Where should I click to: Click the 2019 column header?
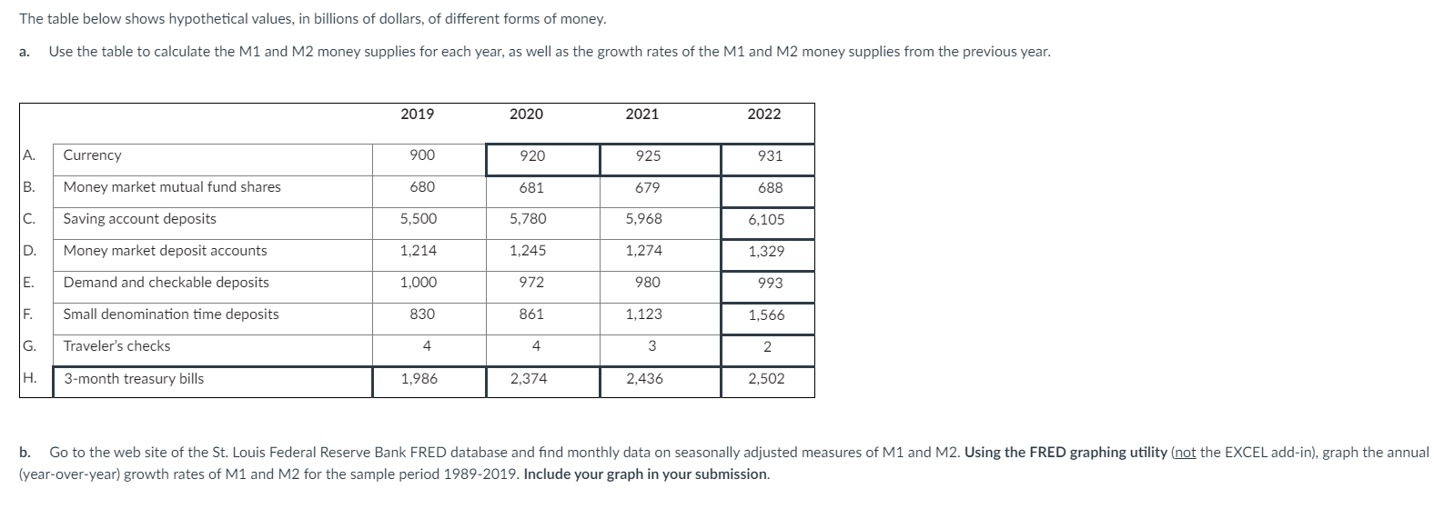pos(417,115)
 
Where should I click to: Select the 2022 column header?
pos(763,115)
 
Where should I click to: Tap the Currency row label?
pos(92,155)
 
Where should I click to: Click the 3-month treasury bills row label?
pos(134,379)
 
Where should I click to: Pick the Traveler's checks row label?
pos(116,346)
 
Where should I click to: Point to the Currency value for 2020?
pos(532,156)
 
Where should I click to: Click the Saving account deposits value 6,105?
pos(766,220)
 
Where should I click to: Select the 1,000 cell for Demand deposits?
pos(419,283)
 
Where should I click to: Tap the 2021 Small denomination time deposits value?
pos(644,314)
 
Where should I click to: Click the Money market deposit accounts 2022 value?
pos(766,252)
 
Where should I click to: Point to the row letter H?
pos(28,379)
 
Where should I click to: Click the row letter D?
pos(28,251)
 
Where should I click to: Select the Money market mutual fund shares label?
pos(172,187)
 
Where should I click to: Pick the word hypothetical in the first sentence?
pos(184,19)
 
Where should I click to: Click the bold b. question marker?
pos(25,452)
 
